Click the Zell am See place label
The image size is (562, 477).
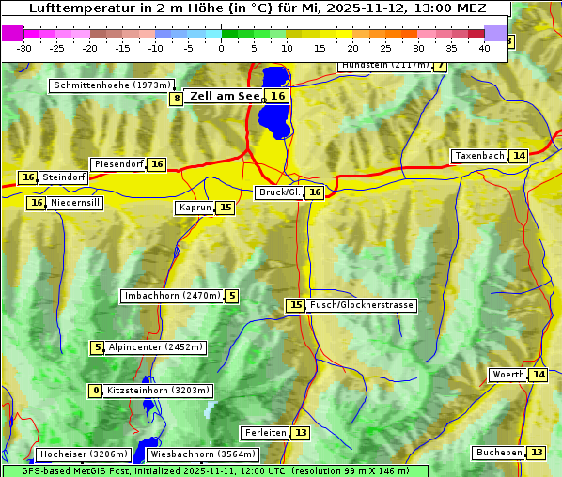[x=226, y=96]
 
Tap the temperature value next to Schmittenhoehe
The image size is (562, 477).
[x=177, y=99]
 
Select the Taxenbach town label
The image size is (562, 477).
[x=479, y=156]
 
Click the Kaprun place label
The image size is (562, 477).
[x=195, y=208]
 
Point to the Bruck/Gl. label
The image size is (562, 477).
[x=279, y=192]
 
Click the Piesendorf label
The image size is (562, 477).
[x=118, y=164]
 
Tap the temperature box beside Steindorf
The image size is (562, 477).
[x=28, y=177]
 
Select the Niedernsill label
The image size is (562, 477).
[x=75, y=203]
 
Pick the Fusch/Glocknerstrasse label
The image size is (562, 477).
[x=362, y=305]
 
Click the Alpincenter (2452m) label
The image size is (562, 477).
[x=156, y=347]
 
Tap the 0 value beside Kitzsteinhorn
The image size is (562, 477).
[x=95, y=391]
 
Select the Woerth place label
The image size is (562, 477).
[x=508, y=376]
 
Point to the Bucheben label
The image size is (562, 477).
[x=499, y=453]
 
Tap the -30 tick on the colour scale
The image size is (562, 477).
[x=24, y=47]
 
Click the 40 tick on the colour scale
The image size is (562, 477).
[x=484, y=47]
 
